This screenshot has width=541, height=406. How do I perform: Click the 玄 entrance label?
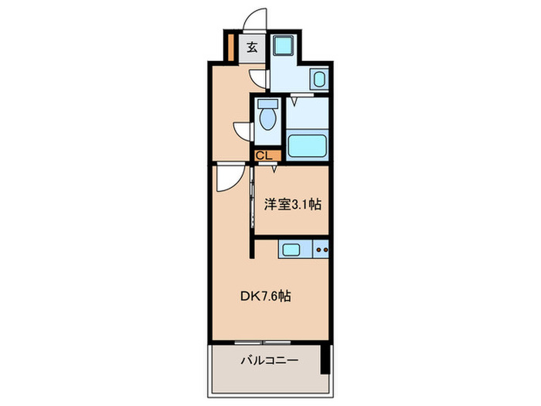click(x=252, y=47)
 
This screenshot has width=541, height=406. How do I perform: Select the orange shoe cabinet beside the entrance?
click(x=230, y=46)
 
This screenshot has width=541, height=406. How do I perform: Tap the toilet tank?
click(x=267, y=104)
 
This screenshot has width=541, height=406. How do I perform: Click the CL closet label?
click(x=264, y=155)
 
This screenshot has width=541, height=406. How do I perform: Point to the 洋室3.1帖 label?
click(x=294, y=205)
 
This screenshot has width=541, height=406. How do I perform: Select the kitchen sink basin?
click(x=292, y=250)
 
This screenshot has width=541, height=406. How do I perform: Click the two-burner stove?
click(x=322, y=250)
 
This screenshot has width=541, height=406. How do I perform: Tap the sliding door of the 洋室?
click(x=252, y=201)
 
